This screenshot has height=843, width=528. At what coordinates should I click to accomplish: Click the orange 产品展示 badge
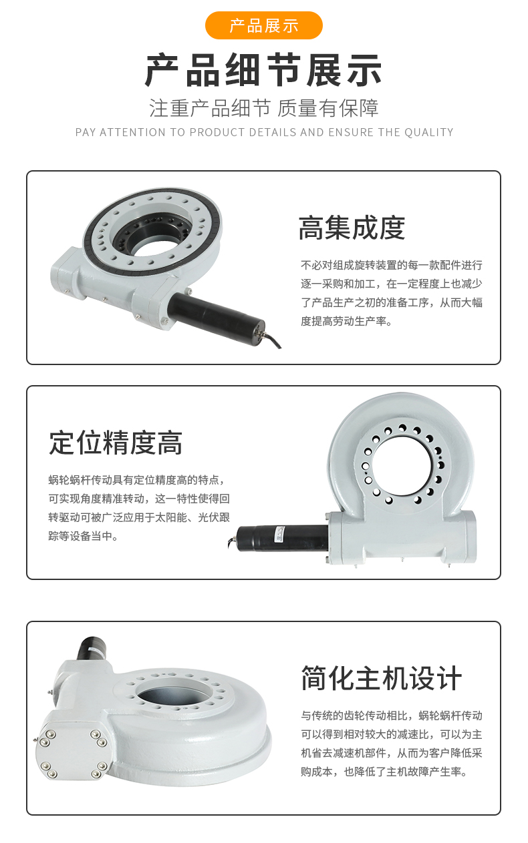pyautogui.click(x=264, y=25)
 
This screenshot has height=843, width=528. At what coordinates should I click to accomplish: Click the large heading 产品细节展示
pyautogui.click(x=264, y=70)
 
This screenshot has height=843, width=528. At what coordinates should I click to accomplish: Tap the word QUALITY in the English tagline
pyautogui.click(x=429, y=132)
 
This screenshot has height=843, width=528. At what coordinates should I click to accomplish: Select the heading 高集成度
pyautogui.click(x=352, y=228)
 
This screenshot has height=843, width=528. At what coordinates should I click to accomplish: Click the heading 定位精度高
pyautogui.click(x=116, y=443)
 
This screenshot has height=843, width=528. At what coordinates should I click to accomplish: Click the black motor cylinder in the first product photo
pyautogui.click(x=216, y=312)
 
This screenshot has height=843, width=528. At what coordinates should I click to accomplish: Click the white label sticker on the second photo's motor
pyautogui.click(x=279, y=535)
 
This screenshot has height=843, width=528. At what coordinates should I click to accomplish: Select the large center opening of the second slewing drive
pyautogui.click(x=402, y=466)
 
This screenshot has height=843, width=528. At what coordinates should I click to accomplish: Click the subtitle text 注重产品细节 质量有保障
pyautogui.click(x=264, y=108)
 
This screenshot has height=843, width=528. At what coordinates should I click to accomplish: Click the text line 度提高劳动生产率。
pyautogui.click(x=347, y=321)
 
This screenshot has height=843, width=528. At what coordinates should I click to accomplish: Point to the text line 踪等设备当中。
pyautogui.click(x=84, y=536)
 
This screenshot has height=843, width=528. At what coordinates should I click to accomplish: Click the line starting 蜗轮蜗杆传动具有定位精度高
pyautogui.click(x=137, y=480)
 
